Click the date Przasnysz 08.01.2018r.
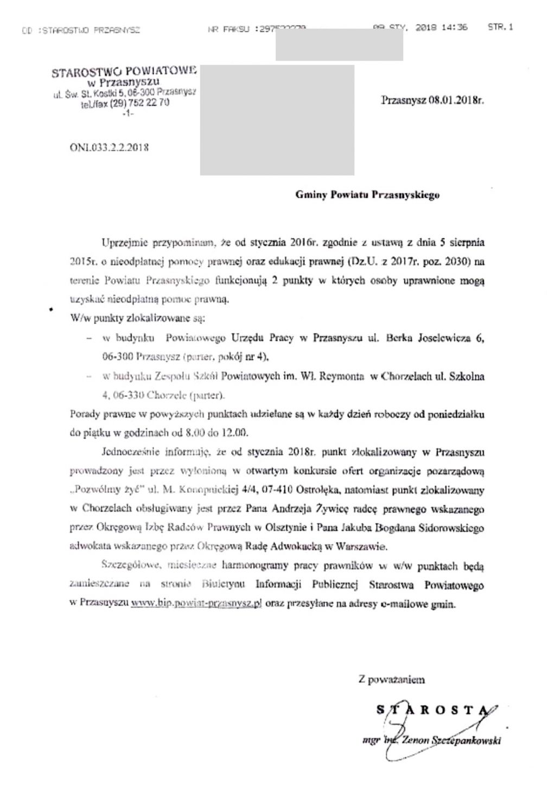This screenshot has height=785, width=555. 432,100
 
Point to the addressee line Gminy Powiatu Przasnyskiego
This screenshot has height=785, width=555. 367,195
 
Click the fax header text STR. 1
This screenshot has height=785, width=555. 500,27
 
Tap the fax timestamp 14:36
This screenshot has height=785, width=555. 455,27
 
